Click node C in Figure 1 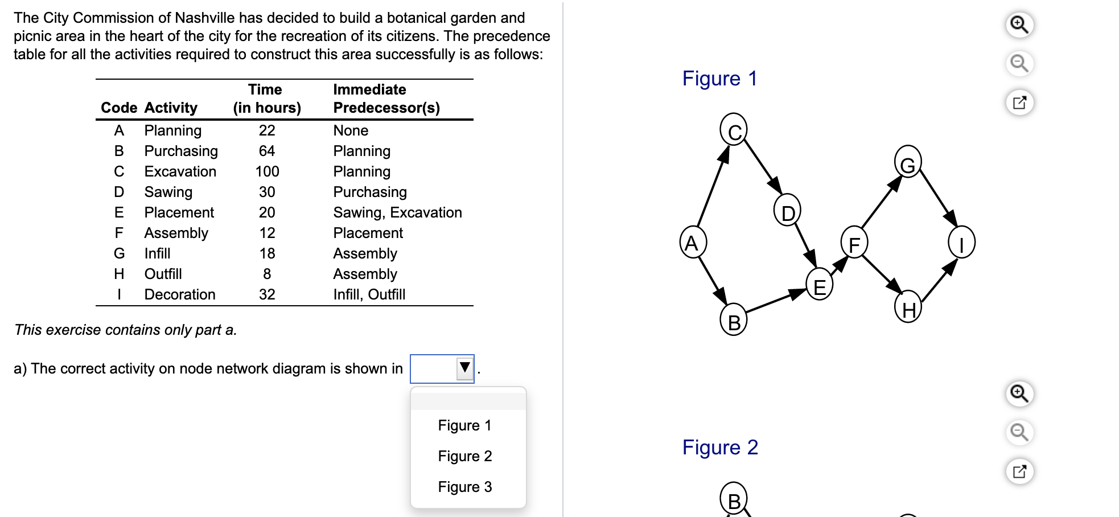734,130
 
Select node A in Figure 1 693,243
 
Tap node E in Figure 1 819,285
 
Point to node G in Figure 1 907,162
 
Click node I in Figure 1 961,243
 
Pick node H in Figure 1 908,307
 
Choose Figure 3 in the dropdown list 464,487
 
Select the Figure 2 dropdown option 464,456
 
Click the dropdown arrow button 464,368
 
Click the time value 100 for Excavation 267,171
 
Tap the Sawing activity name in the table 168,192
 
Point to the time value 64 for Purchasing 266,151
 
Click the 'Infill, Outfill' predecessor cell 369,294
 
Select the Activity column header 171,108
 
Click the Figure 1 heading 719,79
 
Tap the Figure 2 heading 720,448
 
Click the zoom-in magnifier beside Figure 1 1019,25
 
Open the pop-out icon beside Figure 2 1019,471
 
